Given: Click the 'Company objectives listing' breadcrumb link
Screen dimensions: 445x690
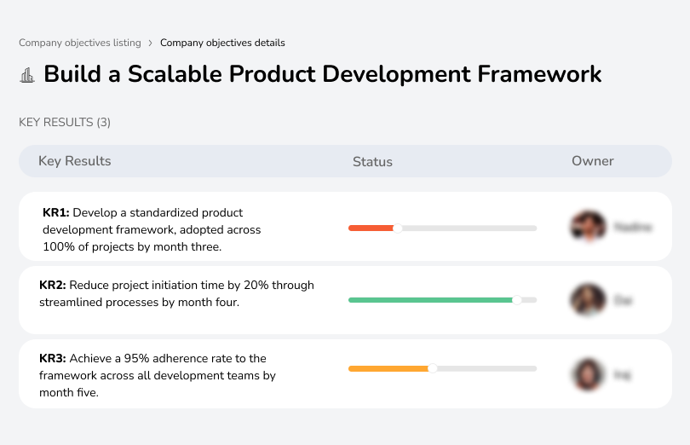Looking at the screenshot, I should coord(79,43).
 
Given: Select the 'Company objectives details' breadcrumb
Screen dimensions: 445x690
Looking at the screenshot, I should coord(222,43).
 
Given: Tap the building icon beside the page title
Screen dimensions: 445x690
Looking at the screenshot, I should coord(27,75).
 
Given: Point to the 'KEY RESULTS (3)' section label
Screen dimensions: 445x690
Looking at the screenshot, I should coord(65,122).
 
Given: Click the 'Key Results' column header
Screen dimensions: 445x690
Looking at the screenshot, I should coord(74,161).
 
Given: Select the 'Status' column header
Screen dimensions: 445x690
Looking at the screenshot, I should coord(372,161).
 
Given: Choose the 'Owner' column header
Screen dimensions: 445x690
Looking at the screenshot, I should coord(592,161).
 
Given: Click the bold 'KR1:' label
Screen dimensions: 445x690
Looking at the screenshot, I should coord(55,213).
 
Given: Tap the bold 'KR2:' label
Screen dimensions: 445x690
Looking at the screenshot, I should coord(53,286).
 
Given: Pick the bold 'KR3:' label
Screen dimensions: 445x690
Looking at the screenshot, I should coord(53,359).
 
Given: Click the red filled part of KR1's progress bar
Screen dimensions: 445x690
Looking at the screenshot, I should coord(370,228).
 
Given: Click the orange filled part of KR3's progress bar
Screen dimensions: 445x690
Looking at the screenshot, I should coord(388,368).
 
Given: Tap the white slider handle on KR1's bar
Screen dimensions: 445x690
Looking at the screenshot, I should coord(397,228).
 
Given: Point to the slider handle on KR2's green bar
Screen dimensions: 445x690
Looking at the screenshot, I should coord(516,300).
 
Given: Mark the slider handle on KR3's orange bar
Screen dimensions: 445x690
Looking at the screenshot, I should coord(433,368).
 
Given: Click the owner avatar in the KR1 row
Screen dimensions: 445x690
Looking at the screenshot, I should coord(588,227).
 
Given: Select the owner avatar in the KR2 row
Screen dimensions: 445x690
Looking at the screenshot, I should coord(588,300).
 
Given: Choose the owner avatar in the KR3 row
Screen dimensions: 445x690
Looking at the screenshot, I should coord(588,373).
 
